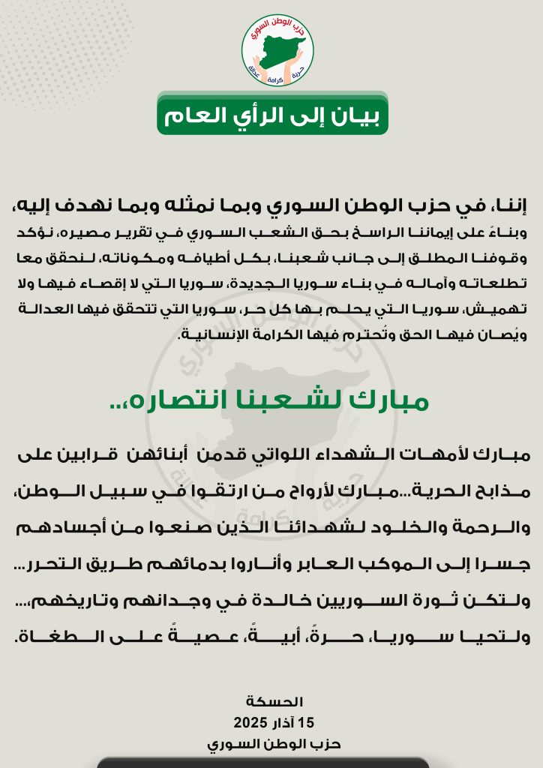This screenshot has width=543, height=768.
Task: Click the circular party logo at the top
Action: [277, 49]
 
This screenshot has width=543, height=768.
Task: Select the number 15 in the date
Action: [306, 723]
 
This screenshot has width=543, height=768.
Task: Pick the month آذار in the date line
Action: [280, 723]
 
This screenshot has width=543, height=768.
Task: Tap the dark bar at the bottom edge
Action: [262, 763]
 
